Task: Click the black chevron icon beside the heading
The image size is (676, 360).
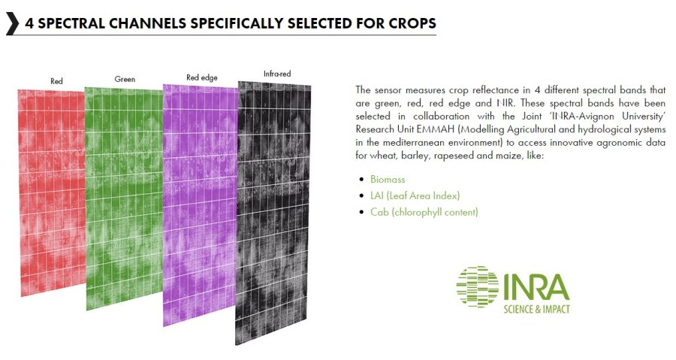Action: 13,23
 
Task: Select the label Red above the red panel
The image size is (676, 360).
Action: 56,80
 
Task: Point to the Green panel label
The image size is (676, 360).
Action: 125,79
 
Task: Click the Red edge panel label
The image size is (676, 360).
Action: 202,77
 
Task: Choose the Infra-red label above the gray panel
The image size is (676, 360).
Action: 277,74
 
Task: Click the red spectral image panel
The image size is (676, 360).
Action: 52,192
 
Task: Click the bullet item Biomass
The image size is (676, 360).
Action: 388,180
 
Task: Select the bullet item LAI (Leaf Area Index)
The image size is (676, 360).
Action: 415,195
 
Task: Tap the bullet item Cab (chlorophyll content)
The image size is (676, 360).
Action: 424,212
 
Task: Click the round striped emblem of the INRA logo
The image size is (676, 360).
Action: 477,286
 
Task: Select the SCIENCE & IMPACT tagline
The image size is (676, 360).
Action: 537,309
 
